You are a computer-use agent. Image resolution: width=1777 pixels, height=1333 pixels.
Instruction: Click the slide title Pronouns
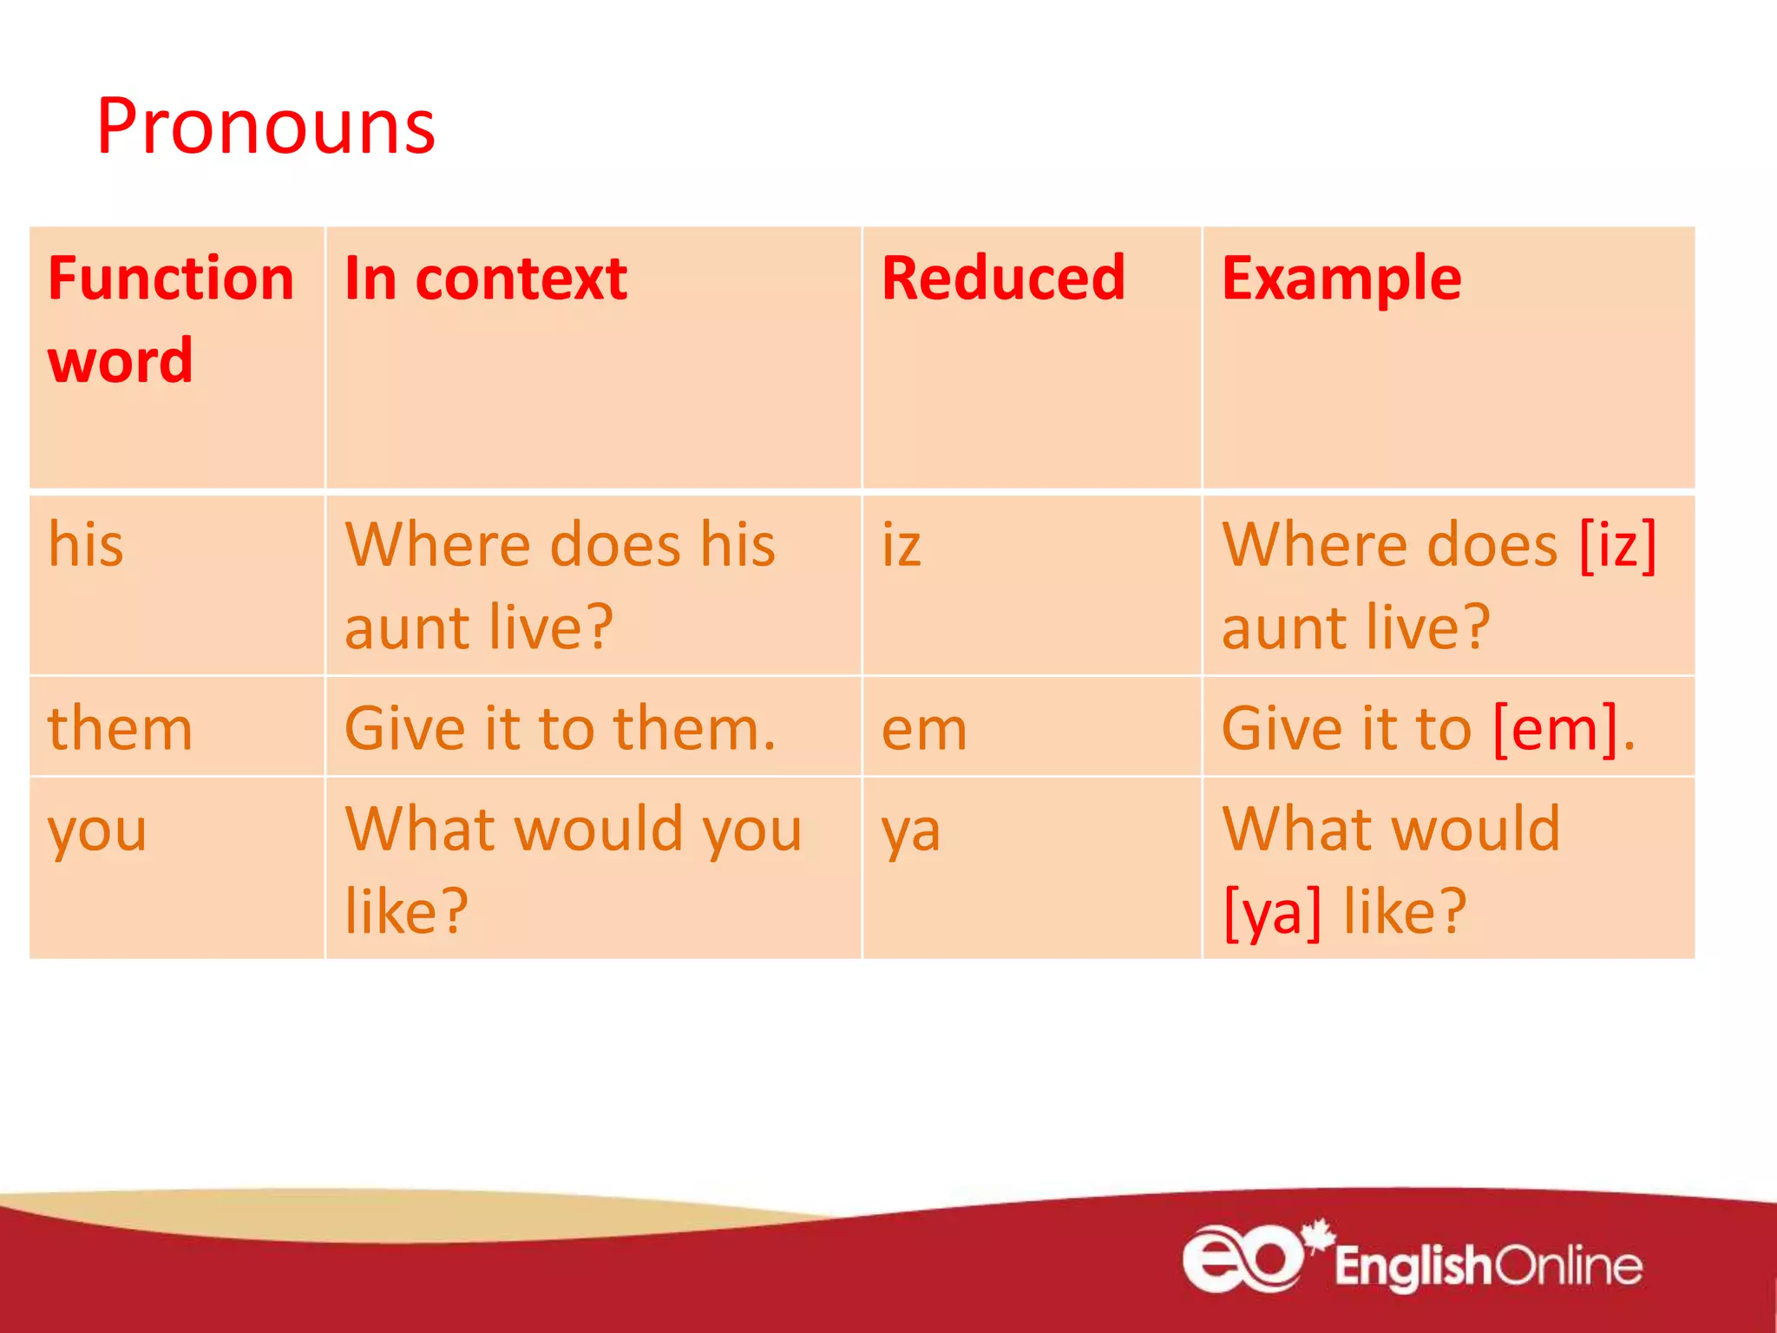pyautogui.click(x=266, y=128)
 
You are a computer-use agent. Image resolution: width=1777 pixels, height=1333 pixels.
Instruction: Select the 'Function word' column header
pyautogui.click(x=171, y=318)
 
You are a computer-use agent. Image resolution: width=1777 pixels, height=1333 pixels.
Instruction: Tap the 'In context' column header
pyautogui.click(x=486, y=279)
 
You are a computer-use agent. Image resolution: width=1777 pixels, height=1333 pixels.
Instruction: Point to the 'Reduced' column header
pyautogui.click(x=1003, y=279)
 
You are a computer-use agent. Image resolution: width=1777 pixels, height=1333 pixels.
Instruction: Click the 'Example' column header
pyautogui.click(x=1341, y=279)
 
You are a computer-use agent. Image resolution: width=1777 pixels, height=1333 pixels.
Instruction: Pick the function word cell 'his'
pyautogui.click(x=86, y=545)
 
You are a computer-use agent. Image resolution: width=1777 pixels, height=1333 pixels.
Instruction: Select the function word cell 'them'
pyautogui.click(x=120, y=728)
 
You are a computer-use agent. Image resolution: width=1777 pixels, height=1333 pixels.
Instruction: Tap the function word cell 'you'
pyautogui.click(x=97, y=831)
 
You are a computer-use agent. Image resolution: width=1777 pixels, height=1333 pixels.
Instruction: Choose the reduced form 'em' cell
pyautogui.click(x=924, y=730)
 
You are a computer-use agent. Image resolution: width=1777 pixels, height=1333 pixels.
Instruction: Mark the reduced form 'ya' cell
pyautogui.click(x=910, y=831)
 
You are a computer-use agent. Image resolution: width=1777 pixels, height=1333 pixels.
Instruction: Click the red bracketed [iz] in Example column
pyautogui.click(x=1618, y=545)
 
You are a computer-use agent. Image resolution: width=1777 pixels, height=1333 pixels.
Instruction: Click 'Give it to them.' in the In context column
pyautogui.click(x=560, y=728)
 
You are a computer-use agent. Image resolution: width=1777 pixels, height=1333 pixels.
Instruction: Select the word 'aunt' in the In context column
pyautogui.click(x=408, y=627)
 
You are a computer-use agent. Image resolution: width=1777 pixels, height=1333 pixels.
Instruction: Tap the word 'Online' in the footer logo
pyautogui.click(x=1568, y=1266)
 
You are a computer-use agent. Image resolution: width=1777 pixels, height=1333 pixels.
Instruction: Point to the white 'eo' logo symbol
pyautogui.click(x=1243, y=1258)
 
